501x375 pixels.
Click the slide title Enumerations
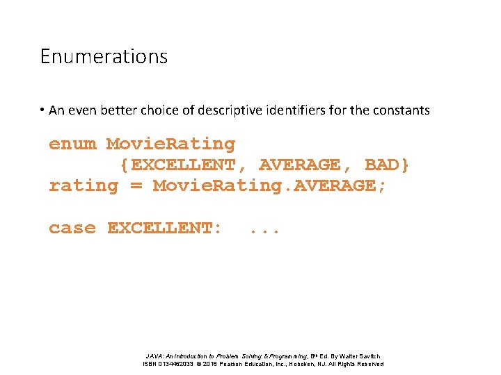point(104,56)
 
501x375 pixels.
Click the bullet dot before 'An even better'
point(42,110)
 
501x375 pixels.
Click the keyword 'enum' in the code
point(72,144)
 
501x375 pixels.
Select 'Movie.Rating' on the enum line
point(170,144)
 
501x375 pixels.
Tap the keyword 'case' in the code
point(72,228)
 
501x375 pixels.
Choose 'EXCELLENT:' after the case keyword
point(165,228)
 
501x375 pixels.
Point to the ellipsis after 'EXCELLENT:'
point(264,229)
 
